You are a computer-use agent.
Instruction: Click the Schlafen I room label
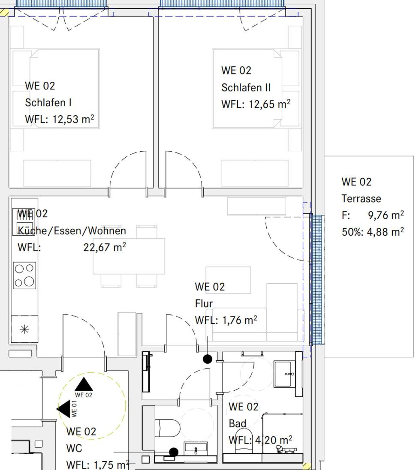pyautogui.click(x=48, y=102)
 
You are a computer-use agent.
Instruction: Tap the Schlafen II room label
pyautogui.click(x=246, y=87)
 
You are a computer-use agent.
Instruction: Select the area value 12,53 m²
pyautogui.click(x=73, y=119)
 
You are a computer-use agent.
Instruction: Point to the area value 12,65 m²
pyautogui.click(x=269, y=104)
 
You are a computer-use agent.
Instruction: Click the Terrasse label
pyautogui.click(x=362, y=198)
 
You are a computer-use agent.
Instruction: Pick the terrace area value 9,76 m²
pyautogui.click(x=386, y=215)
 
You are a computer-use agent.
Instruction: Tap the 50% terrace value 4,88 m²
pyautogui.click(x=386, y=232)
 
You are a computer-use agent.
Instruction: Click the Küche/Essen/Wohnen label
pyautogui.click(x=72, y=231)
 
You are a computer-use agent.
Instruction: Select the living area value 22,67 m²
pyautogui.click(x=105, y=247)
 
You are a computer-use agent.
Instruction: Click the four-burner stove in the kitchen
pyautogui.click(x=24, y=275)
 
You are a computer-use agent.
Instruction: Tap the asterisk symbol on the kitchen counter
pyautogui.click(x=24, y=330)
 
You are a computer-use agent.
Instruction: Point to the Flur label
pyautogui.click(x=204, y=303)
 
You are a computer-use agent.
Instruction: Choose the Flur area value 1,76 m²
pyautogui.click(x=239, y=320)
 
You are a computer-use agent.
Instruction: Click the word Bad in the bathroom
pyautogui.click(x=238, y=423)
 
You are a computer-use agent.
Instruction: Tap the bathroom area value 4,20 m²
pyautogui.click(x=274, y=440)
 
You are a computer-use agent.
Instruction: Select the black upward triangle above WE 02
pyautogui.click(x=84, y=384)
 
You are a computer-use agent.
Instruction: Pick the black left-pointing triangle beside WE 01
pyautogui.click(x=63, y=409)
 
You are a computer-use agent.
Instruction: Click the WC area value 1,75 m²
pyautogui.click(x=112, y=464)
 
